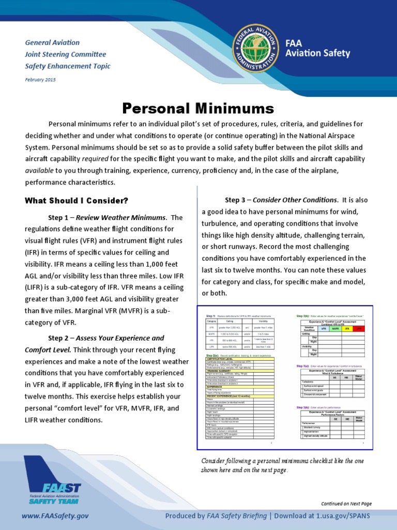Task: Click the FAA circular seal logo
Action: (x=254, y=48)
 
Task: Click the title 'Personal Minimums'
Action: (x=198, y=108)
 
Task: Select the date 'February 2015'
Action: (x=40, y=80)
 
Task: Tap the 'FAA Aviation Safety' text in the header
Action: (x=317, y=49)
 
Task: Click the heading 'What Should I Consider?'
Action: (x=76, y=200)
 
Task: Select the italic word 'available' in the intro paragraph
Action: (x=39, y=170)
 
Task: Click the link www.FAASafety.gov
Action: (x=55, y=516)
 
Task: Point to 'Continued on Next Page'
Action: (x=346, y=504)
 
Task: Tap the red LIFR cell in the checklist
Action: (x=358, y=329)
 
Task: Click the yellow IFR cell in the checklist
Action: (x=347, y=329)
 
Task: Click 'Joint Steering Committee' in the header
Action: (x=66, y=54)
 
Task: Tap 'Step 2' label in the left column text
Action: (x=61, y=338)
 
